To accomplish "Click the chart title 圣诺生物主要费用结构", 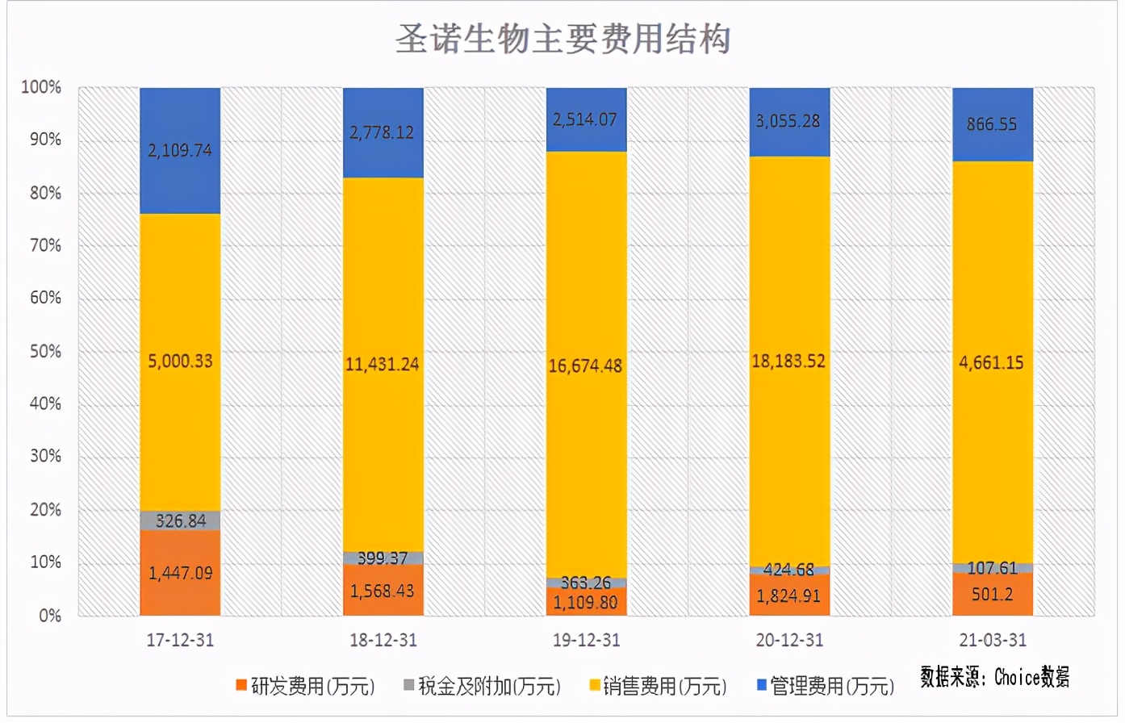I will (x=562, y=39).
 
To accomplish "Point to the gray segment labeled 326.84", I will (x=180, y=520).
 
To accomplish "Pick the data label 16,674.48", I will (x=585, y=366).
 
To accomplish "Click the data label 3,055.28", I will (x=788, y=121).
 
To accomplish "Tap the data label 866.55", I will (x=992, y=124).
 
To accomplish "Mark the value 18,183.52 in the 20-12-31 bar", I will (x=788, y=361).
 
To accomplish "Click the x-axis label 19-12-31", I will (x=586, y=641).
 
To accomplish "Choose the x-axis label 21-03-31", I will (x=993, y=641).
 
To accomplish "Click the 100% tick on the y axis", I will (x=41, y=87).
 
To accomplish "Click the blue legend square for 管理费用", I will (x=761, y=685).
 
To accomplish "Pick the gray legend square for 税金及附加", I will (x=409, y=685).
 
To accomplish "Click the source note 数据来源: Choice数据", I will (x=995, y=677).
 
